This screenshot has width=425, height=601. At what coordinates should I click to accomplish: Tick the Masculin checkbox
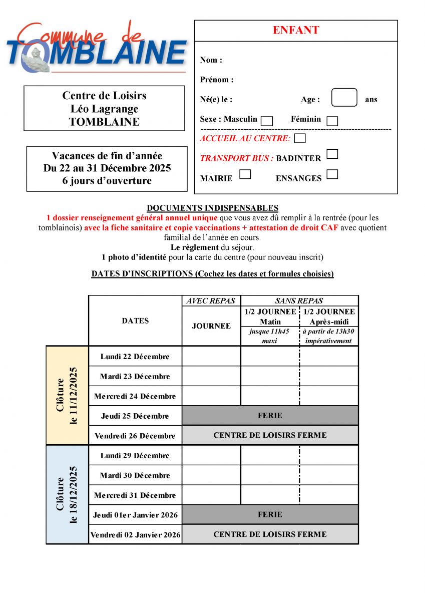point(267,121)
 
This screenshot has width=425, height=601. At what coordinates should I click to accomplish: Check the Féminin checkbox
point(332,121)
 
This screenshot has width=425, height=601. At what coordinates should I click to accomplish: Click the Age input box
point(344,98)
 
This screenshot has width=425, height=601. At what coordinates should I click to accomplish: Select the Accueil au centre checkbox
point(300,138)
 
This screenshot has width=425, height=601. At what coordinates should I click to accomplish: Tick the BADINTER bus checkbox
point(332,154)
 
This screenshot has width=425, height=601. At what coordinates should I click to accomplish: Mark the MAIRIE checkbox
point(245,174)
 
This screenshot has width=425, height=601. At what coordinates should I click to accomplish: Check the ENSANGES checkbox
point(332,174)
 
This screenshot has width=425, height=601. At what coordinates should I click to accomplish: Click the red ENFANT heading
point(296,30)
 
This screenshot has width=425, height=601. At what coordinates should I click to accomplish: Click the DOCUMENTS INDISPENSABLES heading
point(212,208)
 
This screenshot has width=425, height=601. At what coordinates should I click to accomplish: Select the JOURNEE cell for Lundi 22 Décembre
point(211,356)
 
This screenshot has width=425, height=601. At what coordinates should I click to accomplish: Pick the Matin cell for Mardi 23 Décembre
point(270,376)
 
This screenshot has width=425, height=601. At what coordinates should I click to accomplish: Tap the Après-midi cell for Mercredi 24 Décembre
point(329,396)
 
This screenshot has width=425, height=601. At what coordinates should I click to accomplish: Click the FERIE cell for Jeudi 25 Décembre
point(270,415)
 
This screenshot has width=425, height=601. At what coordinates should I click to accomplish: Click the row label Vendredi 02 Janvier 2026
point(135,535)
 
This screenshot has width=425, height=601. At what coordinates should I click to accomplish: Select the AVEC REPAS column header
point(211,301)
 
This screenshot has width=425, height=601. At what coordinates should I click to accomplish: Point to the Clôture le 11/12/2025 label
point(67,395)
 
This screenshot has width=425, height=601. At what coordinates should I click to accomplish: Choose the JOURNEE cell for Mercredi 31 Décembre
point(211,495)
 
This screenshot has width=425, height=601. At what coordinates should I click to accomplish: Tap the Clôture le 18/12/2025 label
point(67,494)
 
